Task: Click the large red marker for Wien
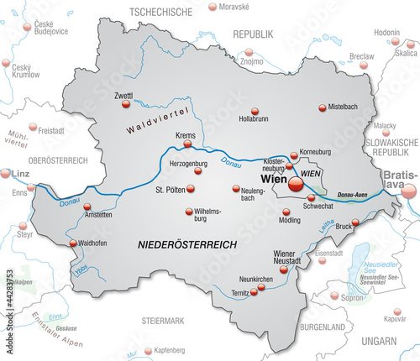coord(296,180)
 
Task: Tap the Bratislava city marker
coord(409,191)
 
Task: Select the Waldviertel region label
coord(157,121)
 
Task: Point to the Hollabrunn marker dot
coord(255,110)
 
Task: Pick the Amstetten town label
coord(73,215)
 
